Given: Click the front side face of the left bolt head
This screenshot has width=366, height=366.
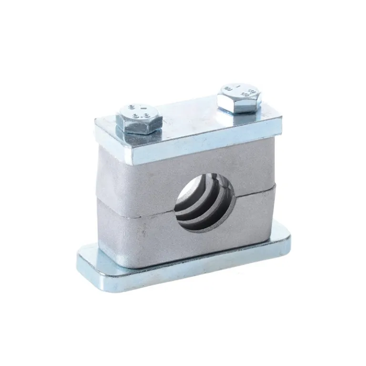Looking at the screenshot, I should click(x=136, y=127).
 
